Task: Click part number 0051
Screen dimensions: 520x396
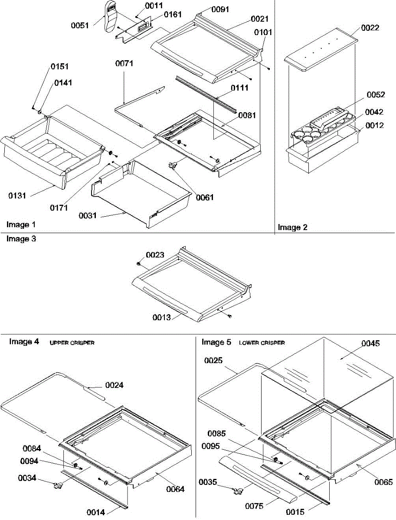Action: (80, 25)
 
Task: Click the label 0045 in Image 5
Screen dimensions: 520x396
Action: (370, 344)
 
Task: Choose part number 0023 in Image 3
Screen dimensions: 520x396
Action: (155, 255)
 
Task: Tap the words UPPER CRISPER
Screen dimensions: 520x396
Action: (72, 343)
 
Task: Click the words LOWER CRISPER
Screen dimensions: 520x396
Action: (262, 343)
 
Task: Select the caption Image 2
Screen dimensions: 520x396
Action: (293, 227)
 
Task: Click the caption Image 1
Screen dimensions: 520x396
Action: (21, 224)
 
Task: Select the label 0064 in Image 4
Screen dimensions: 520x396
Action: (175, 489)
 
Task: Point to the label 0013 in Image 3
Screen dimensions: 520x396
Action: (161, 317)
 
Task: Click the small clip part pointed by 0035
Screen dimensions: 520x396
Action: (237, 491)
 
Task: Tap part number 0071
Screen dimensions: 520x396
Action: (124, 63)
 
